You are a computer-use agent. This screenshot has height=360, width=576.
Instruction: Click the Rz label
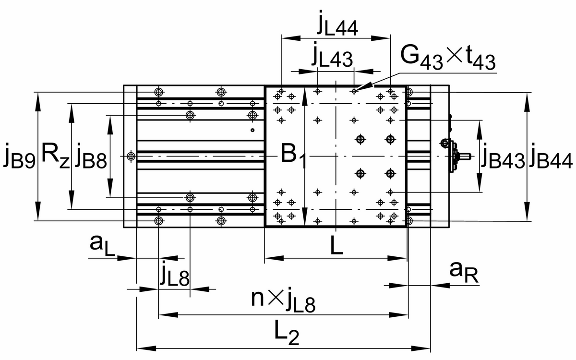(55, 155)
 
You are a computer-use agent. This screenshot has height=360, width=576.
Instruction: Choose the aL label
(102, 246)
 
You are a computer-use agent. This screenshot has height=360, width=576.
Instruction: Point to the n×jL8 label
(284, 301)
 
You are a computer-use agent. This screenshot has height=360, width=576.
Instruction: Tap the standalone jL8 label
(175, 276)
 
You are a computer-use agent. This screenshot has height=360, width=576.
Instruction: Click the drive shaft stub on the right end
(466, 156)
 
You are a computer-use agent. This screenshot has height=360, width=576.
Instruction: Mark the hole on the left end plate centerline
(131, 156)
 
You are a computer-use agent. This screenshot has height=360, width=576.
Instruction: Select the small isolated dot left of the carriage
(252, 130)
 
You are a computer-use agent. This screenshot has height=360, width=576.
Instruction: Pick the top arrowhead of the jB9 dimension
(37, 95)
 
